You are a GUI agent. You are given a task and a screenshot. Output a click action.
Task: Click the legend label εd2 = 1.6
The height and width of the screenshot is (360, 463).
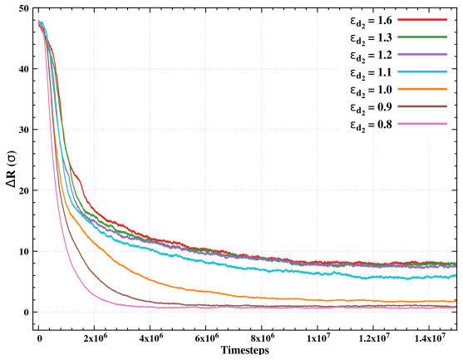(372, 22)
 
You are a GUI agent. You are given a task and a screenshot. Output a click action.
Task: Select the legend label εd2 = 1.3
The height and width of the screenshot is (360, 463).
(372, 39)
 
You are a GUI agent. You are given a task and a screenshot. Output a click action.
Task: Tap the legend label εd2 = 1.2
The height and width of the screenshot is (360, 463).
(372, 56)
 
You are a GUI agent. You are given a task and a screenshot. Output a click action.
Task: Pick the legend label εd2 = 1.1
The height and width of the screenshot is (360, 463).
(372, 73)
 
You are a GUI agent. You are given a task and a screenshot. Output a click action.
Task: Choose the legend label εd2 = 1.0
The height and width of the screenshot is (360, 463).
(372, 91)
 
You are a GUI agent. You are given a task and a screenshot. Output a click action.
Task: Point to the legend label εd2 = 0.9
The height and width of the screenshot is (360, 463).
(372, 108)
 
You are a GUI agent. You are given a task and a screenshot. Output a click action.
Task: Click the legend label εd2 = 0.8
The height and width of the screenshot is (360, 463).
(372, 126)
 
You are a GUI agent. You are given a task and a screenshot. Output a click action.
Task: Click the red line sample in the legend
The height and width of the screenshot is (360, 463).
(422, 19)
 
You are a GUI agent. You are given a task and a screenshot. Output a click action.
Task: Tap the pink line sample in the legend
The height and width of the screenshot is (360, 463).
(422, 123)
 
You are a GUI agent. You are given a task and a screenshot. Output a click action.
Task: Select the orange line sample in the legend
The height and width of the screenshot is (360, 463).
(422, 89)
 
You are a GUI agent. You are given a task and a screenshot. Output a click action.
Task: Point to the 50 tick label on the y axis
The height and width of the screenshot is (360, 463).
(23, 8)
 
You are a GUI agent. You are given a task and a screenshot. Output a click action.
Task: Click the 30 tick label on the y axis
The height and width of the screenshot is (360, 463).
(23, 130)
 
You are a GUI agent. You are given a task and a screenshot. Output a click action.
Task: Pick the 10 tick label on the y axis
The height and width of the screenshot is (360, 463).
(23, 251)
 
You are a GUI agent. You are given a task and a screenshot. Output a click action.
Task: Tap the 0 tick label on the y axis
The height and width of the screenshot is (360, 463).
(27, 313)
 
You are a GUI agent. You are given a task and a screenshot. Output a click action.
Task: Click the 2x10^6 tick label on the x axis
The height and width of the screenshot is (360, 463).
(94, 338)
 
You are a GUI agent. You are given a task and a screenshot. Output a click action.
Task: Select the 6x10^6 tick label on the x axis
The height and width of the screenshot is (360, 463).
(206, 338)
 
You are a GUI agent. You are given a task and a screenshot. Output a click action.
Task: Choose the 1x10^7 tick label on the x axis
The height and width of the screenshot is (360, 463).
(318, 338)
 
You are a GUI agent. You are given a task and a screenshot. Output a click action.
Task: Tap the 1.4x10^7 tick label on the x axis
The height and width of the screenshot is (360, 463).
(429, 338)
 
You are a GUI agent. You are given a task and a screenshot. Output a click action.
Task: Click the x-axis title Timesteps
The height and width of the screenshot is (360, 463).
(245, 351)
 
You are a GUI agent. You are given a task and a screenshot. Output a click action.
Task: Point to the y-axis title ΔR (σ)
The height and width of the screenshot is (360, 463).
(12, 170)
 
